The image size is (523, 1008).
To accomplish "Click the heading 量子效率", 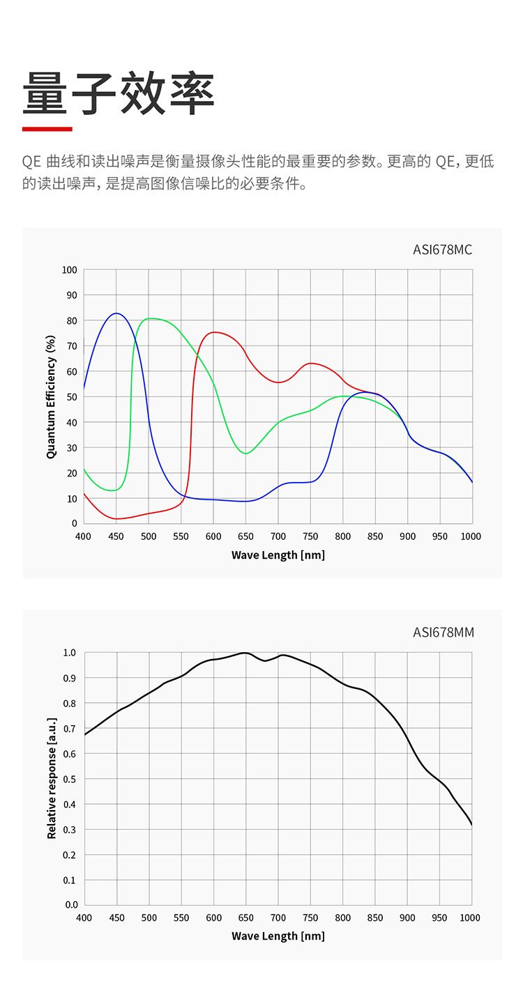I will pyautogui.click(x=119, y=94).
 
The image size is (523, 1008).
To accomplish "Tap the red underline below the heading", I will pyautogui.click(x=47, y=129).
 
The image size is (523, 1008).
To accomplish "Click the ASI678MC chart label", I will pyautogui.click(x=442, y=250).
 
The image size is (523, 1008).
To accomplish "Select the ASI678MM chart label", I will pyautogui.click(x=443, y=633).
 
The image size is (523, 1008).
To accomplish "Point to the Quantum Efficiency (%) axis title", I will pyautogui.click(x=51, y=397).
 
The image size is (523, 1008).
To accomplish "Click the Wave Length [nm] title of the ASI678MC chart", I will pyautogui.click(x=278, y=555).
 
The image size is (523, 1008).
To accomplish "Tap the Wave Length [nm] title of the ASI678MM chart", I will pyautogui.click(x=278, y=936).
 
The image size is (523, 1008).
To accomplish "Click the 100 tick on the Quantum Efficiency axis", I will pyautogui.click(x=69, y=270).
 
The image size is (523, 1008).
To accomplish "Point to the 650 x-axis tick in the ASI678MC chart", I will pyautogui.click(x=245, y=536).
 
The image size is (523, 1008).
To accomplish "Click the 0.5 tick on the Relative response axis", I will pyautogui.click(x=70, y=779).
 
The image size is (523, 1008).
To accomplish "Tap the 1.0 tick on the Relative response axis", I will pyautogui.click(x=70, y=653).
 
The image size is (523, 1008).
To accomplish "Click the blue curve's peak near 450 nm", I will pyautogui.click(x=116, y=313).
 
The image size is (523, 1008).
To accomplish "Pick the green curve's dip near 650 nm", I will pyautogui.click(x=245, y=453).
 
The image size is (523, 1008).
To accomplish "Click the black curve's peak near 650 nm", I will pyautogui.click(x=245, y=653).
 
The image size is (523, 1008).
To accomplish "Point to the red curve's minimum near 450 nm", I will pyautogui.click(x=116, y=519).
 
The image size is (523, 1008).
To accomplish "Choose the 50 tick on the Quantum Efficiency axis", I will pyautogui.click(x=71, y=397).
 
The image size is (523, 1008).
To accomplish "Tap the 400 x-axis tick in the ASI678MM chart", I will pyautogui.click(x=84, y=918).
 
